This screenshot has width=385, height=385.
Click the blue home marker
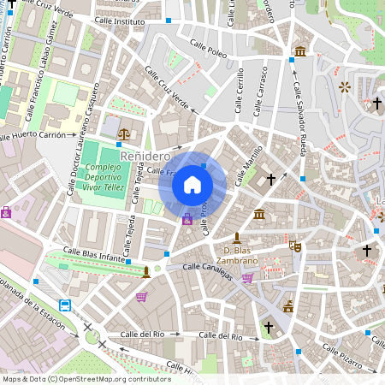point(192,184)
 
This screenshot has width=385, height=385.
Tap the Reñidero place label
point(145,157)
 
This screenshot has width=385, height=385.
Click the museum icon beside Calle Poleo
point(300,52)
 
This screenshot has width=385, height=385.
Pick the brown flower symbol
point(346,86)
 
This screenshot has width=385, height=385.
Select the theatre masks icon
point(295,246)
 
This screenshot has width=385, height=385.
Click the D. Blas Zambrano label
point(234,254)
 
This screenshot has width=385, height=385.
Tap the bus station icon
point(65,305)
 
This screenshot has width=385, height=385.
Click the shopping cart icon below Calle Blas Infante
point(141,297)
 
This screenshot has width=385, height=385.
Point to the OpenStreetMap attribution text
point(86,378)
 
